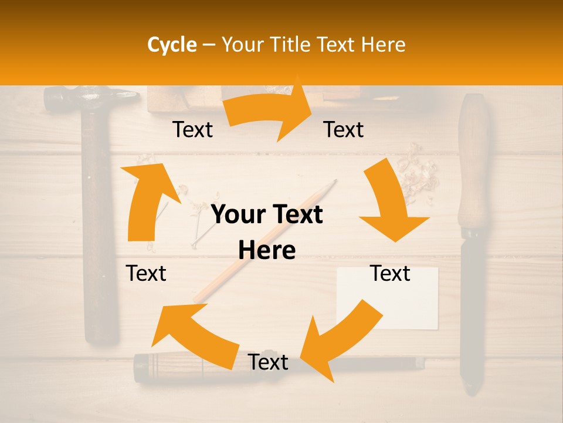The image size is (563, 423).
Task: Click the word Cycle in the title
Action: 172,45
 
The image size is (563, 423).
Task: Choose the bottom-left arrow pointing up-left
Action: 194,335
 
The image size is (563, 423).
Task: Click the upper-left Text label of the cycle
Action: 192,130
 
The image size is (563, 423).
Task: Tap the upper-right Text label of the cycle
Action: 344,130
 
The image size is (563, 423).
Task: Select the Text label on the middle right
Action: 390,273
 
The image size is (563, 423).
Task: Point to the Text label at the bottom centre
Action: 268,362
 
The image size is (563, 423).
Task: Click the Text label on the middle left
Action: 146,273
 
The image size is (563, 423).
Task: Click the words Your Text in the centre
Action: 267,215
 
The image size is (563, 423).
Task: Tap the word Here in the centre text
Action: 267,251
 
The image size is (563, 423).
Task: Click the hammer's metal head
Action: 88,98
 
